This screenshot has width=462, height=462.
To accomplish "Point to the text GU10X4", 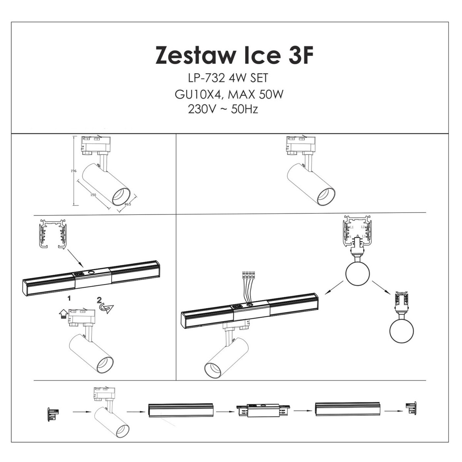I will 198,94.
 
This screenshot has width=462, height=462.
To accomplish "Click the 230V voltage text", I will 201,109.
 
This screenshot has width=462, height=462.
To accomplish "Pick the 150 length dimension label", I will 93,195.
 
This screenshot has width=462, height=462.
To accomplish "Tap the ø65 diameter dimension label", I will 128,204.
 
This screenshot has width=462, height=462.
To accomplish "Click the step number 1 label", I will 69,298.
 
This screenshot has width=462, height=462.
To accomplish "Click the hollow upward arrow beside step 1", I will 62,315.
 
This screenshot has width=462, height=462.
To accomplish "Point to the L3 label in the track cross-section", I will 363,241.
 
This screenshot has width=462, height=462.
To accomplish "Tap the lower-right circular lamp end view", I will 402,330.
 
